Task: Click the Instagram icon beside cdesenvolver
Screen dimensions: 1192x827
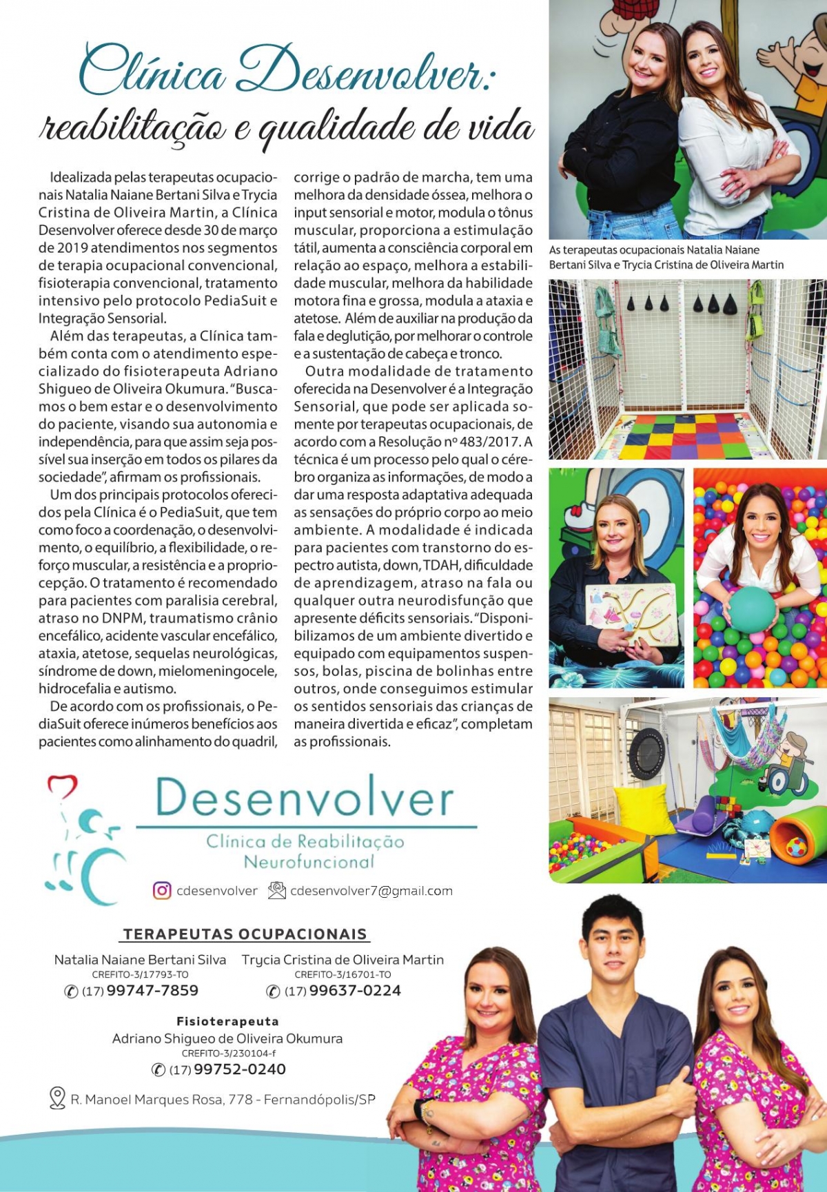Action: (162, 890)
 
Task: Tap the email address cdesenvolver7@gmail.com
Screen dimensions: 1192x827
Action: (371, 891)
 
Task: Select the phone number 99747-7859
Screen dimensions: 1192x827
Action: (152, 991)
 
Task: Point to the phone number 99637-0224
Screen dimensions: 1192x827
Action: (355, 991)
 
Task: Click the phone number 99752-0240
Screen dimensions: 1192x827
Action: (240, 1069)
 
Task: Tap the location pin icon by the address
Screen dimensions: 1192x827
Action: (57, 1098)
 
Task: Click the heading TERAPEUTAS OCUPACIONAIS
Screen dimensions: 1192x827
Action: (245, 934)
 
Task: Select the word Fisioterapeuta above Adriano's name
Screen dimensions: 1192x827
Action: (227, 1021)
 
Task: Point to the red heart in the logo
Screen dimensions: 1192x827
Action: (62, 785)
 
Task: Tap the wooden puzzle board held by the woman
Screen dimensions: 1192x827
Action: (631, 615)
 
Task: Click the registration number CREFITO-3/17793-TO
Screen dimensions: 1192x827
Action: (140, 975)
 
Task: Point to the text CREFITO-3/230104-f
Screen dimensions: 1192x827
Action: (229, 1054)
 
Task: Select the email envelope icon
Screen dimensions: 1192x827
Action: (277, 890)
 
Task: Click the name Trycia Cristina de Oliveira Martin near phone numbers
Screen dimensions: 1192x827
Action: (343, 960)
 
